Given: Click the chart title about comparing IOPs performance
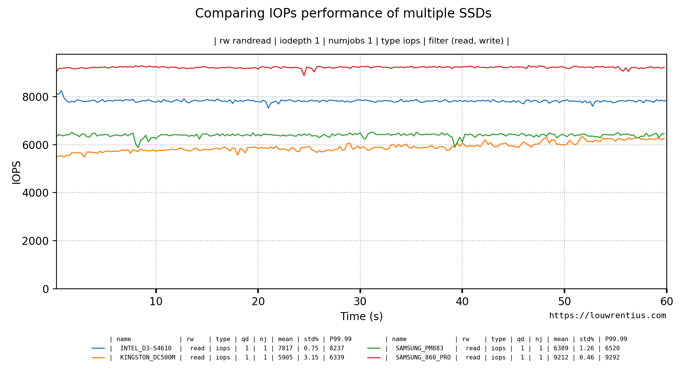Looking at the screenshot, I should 343,13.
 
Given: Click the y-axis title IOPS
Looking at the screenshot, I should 16,172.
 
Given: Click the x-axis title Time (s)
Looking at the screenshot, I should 361,317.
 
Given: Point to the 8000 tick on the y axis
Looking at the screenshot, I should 35,97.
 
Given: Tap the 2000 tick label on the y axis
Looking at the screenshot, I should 35,241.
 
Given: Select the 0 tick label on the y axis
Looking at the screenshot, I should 46,289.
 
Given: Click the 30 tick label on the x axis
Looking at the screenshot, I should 360,302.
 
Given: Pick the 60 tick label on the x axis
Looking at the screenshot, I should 666,302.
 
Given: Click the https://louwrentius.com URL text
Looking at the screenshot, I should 607,316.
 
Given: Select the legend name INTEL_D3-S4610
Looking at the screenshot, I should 145,348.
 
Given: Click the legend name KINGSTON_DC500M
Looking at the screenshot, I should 147,358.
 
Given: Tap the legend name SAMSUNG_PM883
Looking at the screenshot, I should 419,348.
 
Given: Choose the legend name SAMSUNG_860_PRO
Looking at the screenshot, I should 423,358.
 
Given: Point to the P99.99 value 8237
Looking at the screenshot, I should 337,348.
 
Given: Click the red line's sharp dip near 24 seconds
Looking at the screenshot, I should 304,75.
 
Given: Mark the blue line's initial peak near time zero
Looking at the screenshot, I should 61,91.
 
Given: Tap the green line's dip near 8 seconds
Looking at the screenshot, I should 138,147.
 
